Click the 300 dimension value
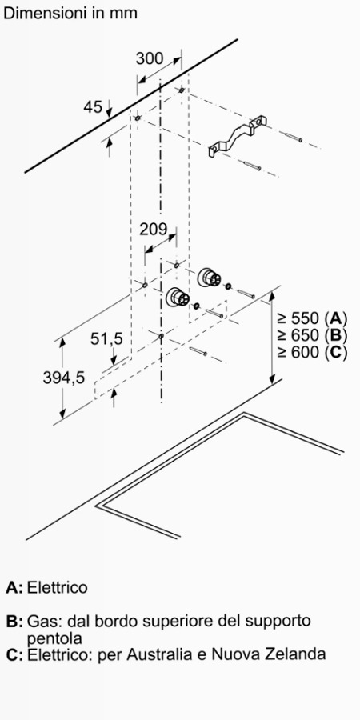pyautogui.click(x=150, y=58)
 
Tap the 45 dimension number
pyautogui.click(x=93, y=107)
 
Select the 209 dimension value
pyautogui.click(x=154, y=229)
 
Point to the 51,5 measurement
pyautogui.click(x=106, y=339)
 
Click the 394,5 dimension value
pyautogui.click(x=64, y=378)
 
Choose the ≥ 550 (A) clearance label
pyautogui.click(x=312, y=318)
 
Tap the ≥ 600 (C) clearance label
pyautogui.click(x=312, y=352)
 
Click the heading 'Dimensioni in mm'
pyautogui.click(x=70, y=13)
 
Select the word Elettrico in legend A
pyautogui.click(x=58, y=587)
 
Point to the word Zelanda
pyautogui.click(x=298, y=654)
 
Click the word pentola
pyautogui.click(x=54, y=638)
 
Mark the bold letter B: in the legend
pyautogui.click(x=14, y=622)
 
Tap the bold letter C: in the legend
pyautogui.click(x=14, y=654)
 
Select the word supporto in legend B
pyautogui.click(x=278, y=622)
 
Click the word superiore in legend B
pyautogui.click(x=177, y=622)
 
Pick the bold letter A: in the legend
pyautogui.click(x=14, y=587)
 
